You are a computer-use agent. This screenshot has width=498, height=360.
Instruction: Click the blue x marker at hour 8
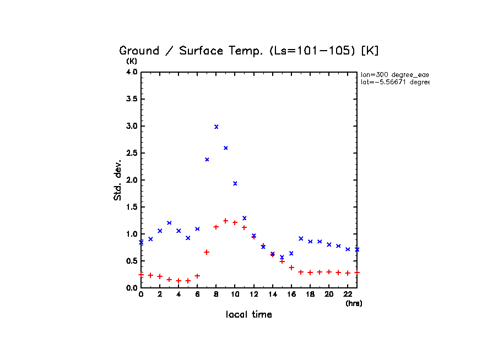pyautogui.click(x=216, y=127)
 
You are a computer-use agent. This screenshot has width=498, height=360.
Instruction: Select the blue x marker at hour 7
pyautogui.click(x=207, y=160)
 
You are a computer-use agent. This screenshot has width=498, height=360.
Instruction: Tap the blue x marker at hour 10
pyautogui.click(x=235, y=183)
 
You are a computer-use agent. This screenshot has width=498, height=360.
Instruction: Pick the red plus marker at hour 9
pyautogui.click(x=226, y=221)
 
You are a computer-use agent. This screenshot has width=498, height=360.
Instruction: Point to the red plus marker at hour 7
pyautogui.click(x=207, y=252)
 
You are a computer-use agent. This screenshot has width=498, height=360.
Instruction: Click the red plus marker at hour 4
pyautogui.click(x=179, y=281)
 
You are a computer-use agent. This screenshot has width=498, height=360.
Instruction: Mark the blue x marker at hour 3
pyautogui.click(x=170, y=223)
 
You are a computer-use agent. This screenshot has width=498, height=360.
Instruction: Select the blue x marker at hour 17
pyautogui.click(x=301, y=238)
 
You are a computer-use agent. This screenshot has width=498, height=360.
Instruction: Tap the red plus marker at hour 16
pyautogui.click(x=291, y=268)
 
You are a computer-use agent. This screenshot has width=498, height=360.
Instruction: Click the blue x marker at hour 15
pyautogui.click(x=282, y=257)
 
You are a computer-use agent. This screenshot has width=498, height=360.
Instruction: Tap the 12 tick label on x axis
pyautogui.click(x=253, y=294)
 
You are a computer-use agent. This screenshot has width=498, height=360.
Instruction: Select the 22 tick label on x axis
pyautogui.click(x=348, y=294)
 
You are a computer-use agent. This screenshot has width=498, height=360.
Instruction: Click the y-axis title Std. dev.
pyautogui.click(x=118, y=178)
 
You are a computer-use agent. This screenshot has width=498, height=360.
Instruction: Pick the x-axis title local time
pyautogui.click(x=249, y=315)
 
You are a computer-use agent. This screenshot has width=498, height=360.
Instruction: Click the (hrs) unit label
pyautogui.click(x=354, y=303)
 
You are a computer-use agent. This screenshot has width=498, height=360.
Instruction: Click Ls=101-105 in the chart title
pyautogui.click(x=314, y=51)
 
